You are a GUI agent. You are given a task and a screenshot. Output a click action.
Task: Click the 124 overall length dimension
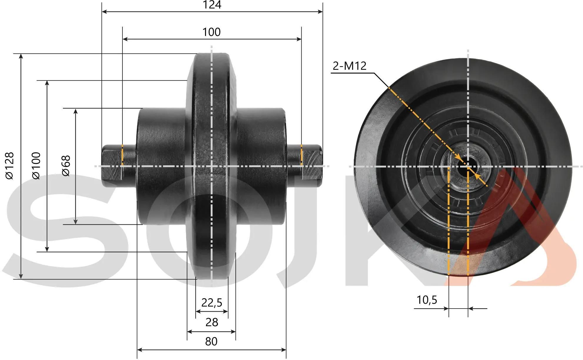pos(212,5)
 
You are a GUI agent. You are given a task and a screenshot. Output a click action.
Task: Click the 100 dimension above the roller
pos(212,32)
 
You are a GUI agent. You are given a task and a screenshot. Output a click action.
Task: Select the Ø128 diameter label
pos(9,166)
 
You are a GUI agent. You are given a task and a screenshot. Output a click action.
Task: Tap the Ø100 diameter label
pos(36,166)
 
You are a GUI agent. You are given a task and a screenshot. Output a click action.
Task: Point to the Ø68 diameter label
pos(66,166)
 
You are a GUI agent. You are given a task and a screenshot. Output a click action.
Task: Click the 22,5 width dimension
pos(212,303)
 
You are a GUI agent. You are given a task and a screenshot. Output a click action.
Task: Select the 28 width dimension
pos(212,322)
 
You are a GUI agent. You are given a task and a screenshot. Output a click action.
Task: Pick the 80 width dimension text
pos(211,341)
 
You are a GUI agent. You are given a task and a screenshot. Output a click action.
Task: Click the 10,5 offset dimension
pos(427,300)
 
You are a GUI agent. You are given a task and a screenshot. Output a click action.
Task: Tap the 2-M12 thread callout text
pos(350,66)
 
